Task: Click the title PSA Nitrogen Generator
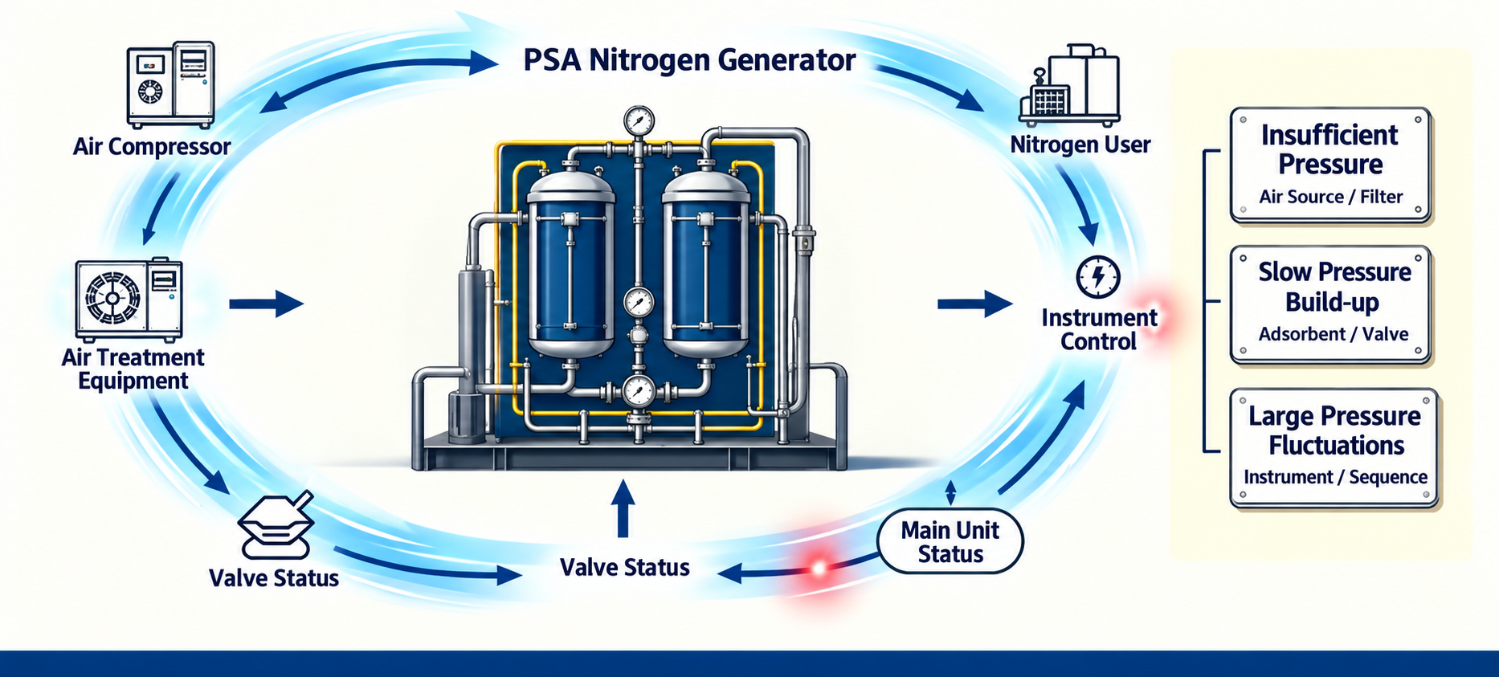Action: click(x=689, y=60)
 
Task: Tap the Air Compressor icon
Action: click(x=171, y=84)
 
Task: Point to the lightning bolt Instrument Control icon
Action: click(x=1097, y=276)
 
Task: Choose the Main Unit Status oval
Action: click(x=950, y=541)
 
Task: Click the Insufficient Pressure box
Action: click(x=1331, y=165)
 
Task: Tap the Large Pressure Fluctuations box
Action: click(x=1334, y=447)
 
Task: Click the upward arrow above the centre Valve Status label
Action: click(x=623, y=508)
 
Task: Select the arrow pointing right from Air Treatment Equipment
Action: click(x=267, y=304)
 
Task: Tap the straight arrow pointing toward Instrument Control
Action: click(x=974, y=304)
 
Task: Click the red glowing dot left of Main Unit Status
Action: click(x=819, y=569)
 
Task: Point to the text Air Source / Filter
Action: click(x=1330, y=197)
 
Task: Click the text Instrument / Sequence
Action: click(x=1335, y=477)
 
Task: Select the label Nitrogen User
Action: click(x=1080, y=145)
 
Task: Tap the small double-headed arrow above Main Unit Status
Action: click(x=950, y=493)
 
